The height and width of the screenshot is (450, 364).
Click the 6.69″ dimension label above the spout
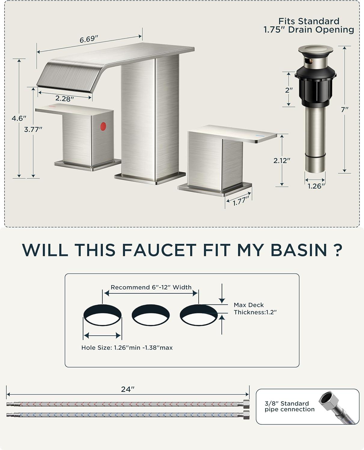pyautogui.click(x=89, y=39)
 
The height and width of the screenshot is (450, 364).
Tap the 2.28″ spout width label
pyautogui.click(x=65, y=98)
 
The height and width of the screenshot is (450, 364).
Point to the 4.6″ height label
pyautogui.click(x=19, y=118)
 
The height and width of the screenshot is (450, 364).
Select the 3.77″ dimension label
pyautogui.click(x=33, y=129)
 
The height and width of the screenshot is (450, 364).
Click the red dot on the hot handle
pyautogui.click(x=103, y=126)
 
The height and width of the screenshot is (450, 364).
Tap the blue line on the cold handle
pyautogui.click(x=260, y=136)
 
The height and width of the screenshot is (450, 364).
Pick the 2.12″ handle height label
pyautogui.click(x=282, y=160)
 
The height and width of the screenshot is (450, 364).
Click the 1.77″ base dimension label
pyautogui.click(x=241, y=201)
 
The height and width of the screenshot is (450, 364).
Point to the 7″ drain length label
pyautogui.click(x=344, y=109)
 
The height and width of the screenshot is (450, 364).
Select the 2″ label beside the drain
pyautogui.click(x=289, y=90)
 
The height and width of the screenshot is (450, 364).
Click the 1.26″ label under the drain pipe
pyautogui.click(x=316, y=186)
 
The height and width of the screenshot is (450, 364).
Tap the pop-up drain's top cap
pyautogui.click(x=316, y=50)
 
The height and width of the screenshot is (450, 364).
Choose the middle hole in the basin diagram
pyautogui.click(x=151, y=315)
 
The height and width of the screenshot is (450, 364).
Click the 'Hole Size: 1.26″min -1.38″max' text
pyautogui.click(x=127, y=347)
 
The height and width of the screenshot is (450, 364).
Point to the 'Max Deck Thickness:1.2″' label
pyautogui.click(x=255, y=308)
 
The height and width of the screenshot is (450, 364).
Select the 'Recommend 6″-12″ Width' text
pyautogui.click(x=151, y=287)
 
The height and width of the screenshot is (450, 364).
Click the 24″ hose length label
pyautogui.click(x=128, y=389)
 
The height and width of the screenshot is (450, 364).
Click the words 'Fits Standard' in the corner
pyautogui.click(x=309, y=21)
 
